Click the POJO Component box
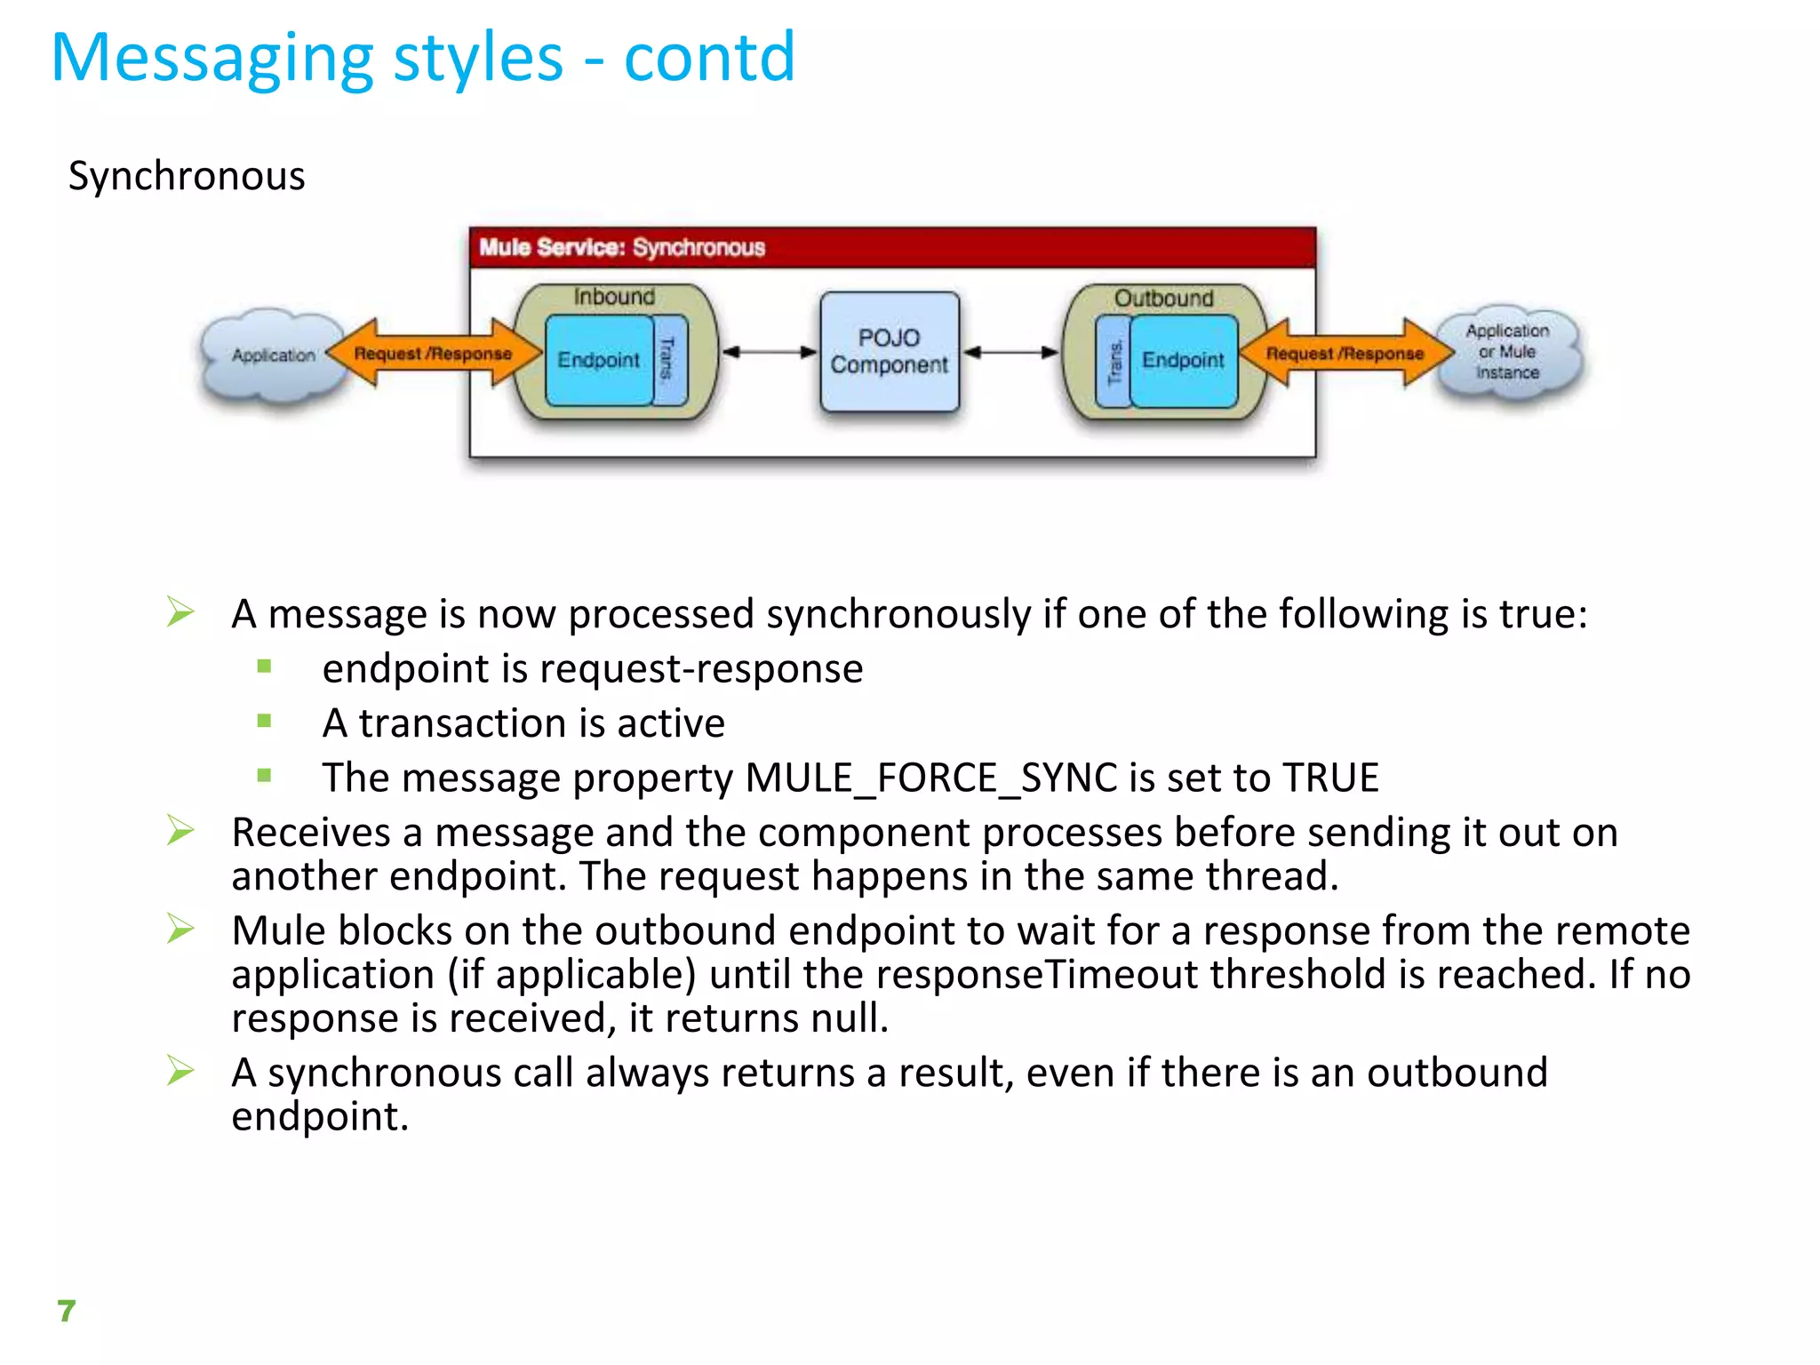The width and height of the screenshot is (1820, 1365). click(x=889, y=352)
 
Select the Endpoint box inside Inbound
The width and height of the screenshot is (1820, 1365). click(x=598, y=360)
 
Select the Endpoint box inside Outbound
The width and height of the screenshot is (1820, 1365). click(x=1183, y=360)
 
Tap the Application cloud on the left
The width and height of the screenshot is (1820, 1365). click(x=273, y=355)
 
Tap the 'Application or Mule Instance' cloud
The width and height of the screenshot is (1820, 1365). click(x=1507, y=352)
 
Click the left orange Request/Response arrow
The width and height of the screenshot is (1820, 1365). click(x=434, y=353)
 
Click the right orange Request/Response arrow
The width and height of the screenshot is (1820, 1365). click(x=1345, y=353)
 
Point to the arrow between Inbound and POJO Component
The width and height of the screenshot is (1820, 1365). click(x=769, y=352)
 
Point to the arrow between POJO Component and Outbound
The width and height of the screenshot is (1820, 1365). click(x=1011, y=352)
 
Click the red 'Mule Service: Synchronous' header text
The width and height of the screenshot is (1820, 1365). click(x=622, y=247)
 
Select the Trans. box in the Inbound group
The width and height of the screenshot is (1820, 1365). click(x=668, y=359)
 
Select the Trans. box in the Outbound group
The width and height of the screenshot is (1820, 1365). click(x=1114, y=361)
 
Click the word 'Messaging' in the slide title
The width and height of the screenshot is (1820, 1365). click(x=212, y=59)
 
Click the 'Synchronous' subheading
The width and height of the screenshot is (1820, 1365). click(x=187, y=176)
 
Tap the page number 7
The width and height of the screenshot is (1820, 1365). click(x=67, y=1311)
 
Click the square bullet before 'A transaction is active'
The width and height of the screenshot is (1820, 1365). click(x=264, y=722)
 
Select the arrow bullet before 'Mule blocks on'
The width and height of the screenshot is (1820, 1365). click(x=180, y=929)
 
